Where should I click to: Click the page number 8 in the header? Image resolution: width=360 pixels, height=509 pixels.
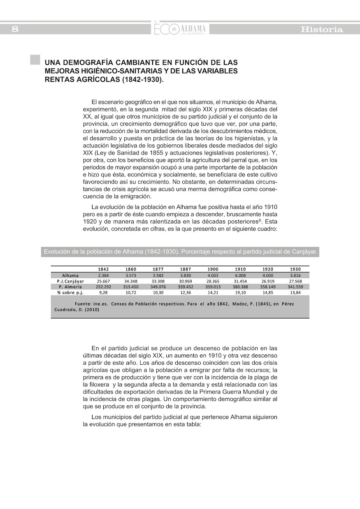click(x=15, y=29)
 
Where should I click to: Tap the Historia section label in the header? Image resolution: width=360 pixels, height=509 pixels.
click(x=322, y=30)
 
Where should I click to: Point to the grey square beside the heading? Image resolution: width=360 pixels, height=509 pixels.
click(x=35, y=60)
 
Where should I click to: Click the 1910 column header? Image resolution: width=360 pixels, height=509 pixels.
click(x=240, y=269)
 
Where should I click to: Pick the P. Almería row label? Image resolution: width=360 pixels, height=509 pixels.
click(x=70, y=287)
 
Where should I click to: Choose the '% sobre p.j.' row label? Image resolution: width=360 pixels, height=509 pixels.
click(x=70, y=292)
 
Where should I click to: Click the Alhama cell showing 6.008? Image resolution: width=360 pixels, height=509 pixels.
click(x=240, y=275)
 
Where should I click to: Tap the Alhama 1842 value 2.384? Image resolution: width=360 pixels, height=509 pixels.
click(x=103, y=275)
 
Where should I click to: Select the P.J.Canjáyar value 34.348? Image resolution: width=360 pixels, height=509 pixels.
click(x=130, y=281)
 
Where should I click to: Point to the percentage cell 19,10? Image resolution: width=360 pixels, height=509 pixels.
click(x=240, y=292)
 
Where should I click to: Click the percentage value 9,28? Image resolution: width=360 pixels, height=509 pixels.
click(x=103, y=292)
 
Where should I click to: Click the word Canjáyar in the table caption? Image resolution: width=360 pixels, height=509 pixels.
click(x=304, y=251)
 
